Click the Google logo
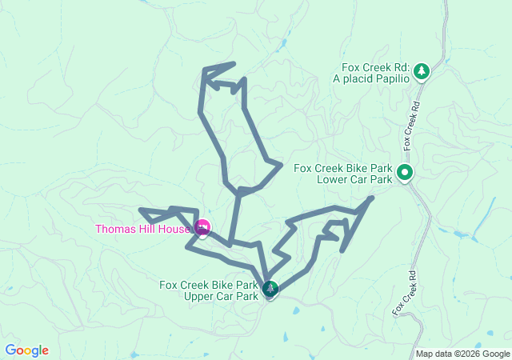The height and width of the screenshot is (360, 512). pyautogui.click(x=27, y=350)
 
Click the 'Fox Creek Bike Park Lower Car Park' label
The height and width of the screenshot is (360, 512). pyautogui.click(x=342, y=174)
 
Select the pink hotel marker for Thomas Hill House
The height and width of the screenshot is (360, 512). pyautogui.click(x=202, y=229)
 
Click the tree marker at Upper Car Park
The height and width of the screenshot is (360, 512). pyautogui.click(x=270, y=289)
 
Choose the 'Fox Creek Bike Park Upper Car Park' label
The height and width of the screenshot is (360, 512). pyautogui.click(x=210, y=290)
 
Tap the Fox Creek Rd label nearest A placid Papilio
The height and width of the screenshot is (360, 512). pyautogui.click(x=410, y=125)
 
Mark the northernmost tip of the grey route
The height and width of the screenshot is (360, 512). pyautogui.click(x=234, y=63)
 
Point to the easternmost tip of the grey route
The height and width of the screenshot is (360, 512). pyautogui.click(x=372, y=197)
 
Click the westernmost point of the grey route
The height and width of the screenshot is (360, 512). pyautogui.click(x=141, y=210)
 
